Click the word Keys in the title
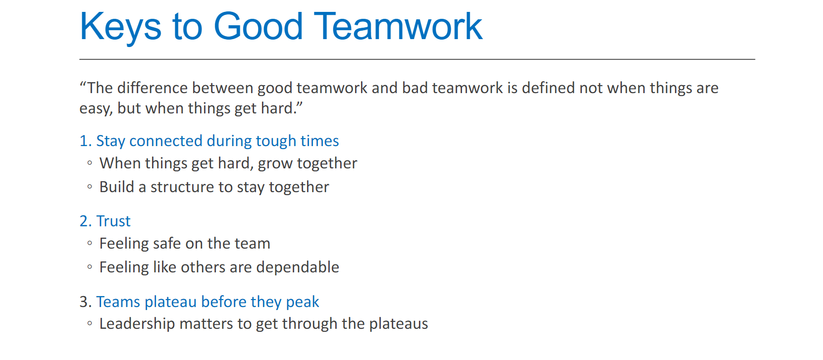[x=120, y=27]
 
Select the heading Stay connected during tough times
[x=217, y=141]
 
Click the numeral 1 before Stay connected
[x=84, y=141]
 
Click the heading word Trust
[x=113, y=221]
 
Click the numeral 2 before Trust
[x=84, y=221]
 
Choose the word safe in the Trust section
[x=167, y=244]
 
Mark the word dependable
[x=297, y=267]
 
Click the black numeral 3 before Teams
[x=84, y=302]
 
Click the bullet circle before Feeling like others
[x=90, y=267]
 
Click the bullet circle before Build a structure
[x=90, y=187]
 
